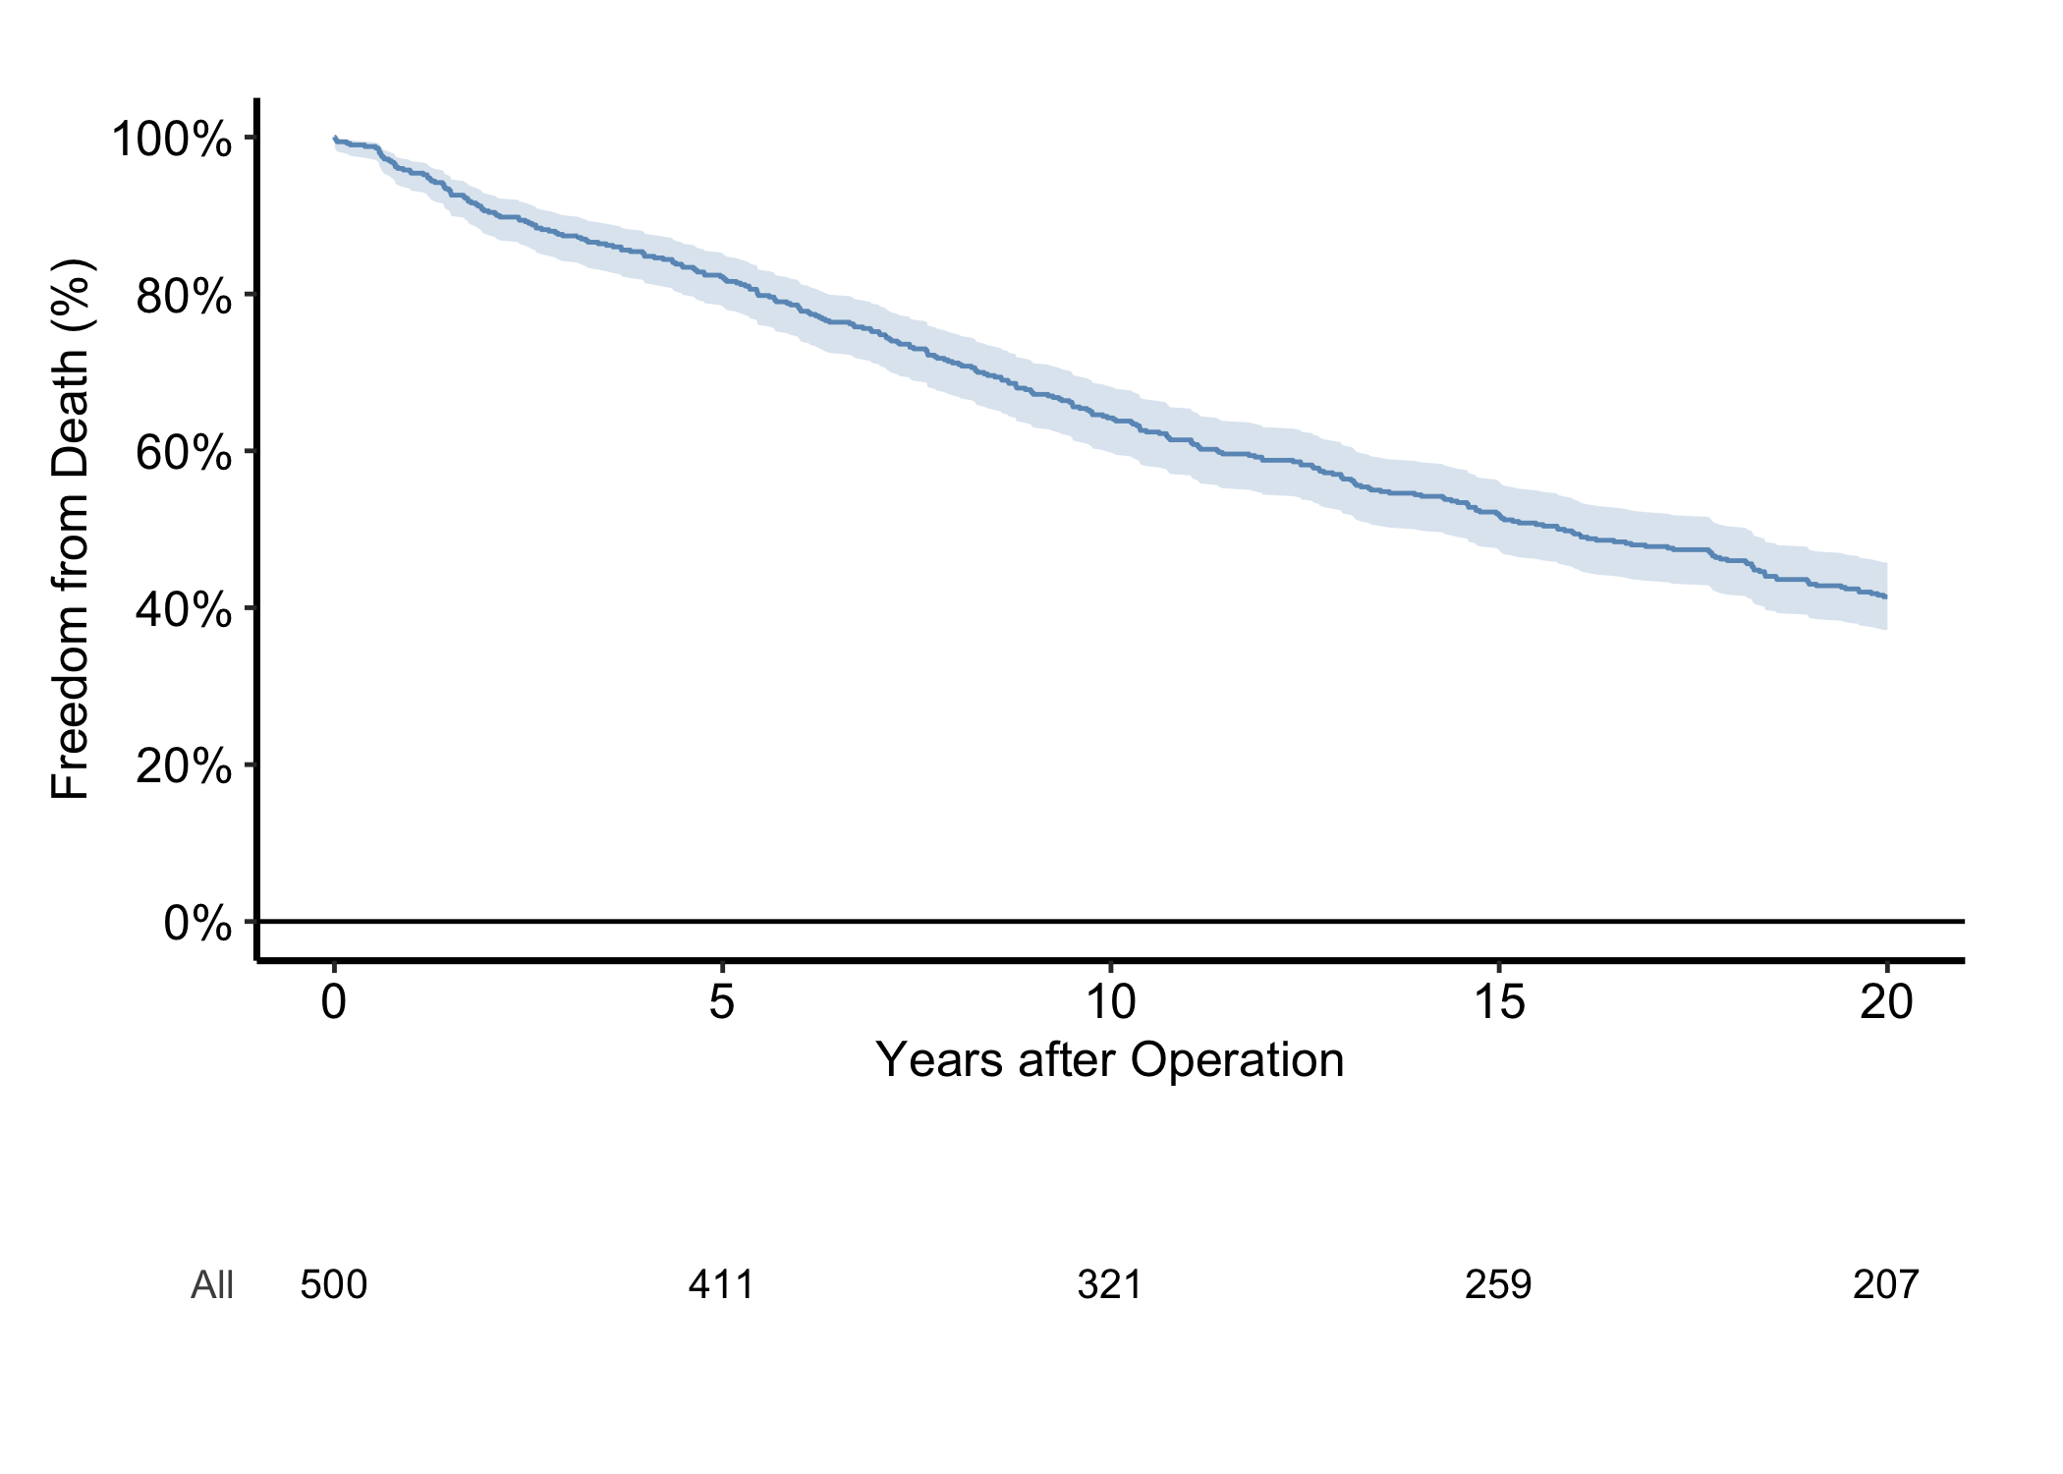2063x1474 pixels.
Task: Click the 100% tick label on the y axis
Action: click(x=172, y=139)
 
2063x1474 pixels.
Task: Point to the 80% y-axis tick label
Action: click(x=185, y=295)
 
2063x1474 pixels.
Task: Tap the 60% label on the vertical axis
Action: click(x=185, y=452)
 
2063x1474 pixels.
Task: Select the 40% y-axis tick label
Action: click(x=185, y=609)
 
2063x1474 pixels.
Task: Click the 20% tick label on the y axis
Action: click(x=185, y=765)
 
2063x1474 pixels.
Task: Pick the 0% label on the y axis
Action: click(x=198, y=923)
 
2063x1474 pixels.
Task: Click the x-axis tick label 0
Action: click(x=334, y=1001)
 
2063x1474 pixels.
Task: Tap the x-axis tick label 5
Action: click(x=722, y=1001)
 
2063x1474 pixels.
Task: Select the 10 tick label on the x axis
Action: click(x=1110, y=1001)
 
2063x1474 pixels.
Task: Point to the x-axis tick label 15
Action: click(x=1498, y=1001)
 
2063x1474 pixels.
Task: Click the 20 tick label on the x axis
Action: click(x=1886, y=1001)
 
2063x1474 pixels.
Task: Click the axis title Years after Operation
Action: click(x=1110, y=1060)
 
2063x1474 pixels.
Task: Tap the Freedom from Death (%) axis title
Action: click(x=71, y=530)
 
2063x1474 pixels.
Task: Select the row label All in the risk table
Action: click(x=212, y=1284)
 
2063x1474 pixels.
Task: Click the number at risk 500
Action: click(x=334, y=1284)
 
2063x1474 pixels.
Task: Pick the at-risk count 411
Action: click(x=722, y=1284)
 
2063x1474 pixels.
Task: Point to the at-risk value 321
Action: click(x=1110, y=1284)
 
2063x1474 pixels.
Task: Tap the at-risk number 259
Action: click(x=1498, y=1284)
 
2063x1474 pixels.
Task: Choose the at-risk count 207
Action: click(x=1886, y=1284)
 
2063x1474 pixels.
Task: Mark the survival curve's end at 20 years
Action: click(x=1886, y=596)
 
